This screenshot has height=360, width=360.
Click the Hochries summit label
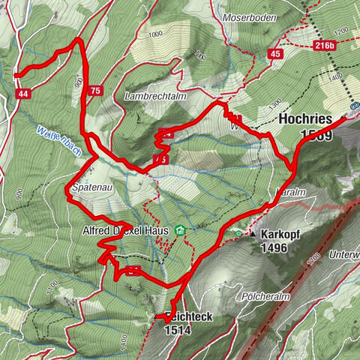point(304,119)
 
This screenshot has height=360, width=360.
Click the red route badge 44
point(23,93)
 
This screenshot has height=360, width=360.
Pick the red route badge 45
point(275,54)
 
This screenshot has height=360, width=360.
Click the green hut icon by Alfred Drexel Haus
point(178,230)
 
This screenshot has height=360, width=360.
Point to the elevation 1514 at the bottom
point(178,329)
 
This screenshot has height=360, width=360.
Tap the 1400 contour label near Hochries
point(335,77)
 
